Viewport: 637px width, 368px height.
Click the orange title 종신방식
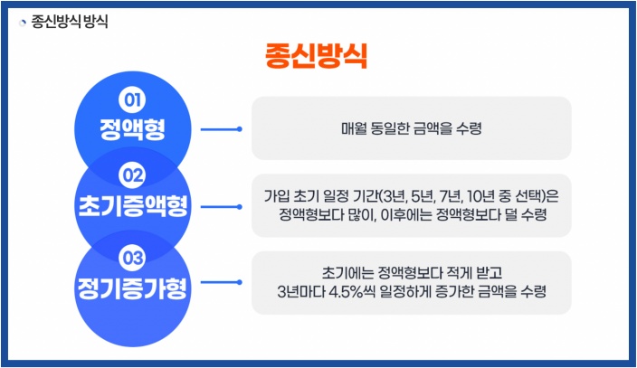point(317,55)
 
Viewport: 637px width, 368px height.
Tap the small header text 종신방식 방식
point(70,22)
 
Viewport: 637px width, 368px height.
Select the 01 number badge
point(133,99)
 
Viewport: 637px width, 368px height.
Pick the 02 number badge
point(133,175)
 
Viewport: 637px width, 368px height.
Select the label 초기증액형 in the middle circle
point(133,204)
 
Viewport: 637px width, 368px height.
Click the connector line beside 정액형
point(220,129)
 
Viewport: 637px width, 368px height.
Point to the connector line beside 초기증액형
point(220,206)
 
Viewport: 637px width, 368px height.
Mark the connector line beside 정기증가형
point(220,282)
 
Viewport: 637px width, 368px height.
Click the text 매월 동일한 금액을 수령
point(411,129)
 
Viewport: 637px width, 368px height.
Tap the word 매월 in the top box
point(353,129)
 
